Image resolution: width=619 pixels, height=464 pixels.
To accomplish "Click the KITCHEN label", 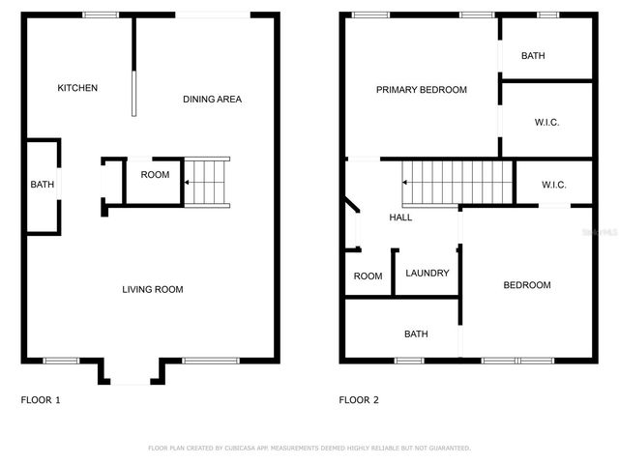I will [77, 88].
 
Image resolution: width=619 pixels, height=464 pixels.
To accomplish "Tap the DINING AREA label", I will [212, 99].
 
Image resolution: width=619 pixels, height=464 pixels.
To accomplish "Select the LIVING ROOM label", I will [152, 289].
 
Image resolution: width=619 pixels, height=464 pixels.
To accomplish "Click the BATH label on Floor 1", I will [42, 185].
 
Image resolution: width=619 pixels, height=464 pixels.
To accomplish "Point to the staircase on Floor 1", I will [208, 182].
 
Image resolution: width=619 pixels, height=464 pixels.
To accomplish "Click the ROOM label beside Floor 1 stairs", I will [155, 175].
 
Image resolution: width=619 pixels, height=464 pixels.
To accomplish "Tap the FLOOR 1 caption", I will [41, 399].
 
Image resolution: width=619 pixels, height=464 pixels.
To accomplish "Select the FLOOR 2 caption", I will [359, 399].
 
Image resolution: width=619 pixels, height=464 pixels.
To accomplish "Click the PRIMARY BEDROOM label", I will [421, 90].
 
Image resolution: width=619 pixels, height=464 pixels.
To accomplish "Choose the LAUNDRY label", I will [427, 274].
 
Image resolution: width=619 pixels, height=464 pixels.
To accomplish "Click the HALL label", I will [400, 217].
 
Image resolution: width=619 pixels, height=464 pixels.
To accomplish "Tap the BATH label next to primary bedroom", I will [533, 56].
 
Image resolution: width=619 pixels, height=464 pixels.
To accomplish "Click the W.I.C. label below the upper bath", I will [546, 122].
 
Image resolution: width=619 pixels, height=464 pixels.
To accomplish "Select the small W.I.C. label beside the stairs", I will [553, 185].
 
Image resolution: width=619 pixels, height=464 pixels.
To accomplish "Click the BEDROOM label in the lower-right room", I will [526, 285].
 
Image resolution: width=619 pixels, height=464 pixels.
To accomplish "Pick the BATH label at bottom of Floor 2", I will [416, 334].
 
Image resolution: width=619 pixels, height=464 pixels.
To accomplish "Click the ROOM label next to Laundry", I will [368, 276].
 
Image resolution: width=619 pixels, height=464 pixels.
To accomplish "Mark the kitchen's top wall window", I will [100, 14].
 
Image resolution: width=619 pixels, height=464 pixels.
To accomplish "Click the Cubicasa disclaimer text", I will [309, 449].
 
